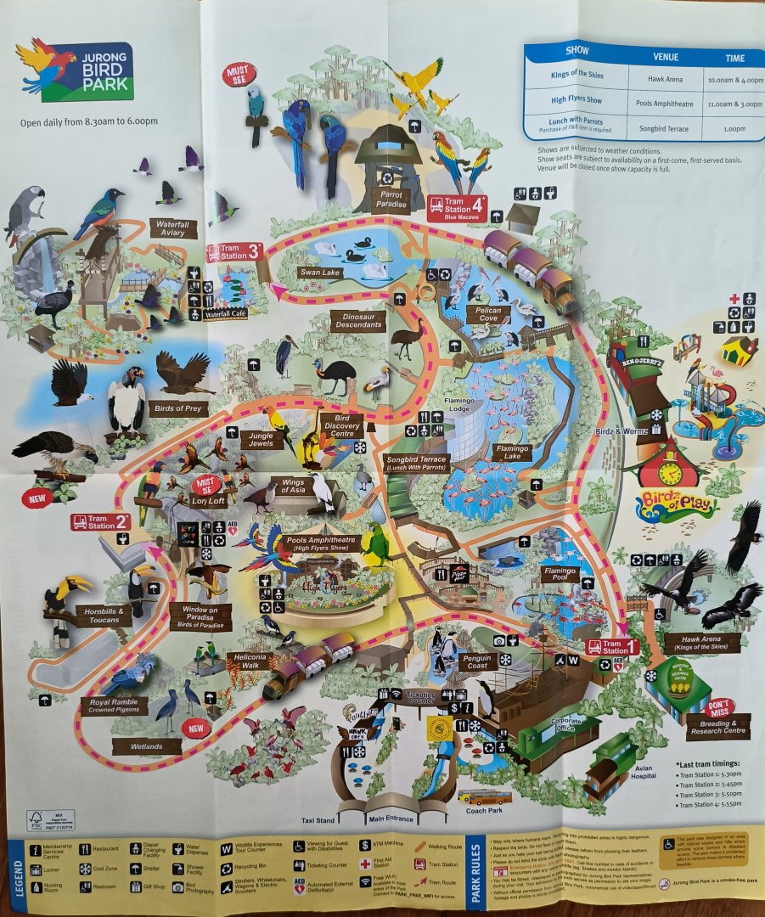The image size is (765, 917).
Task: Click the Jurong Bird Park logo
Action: point(75,70)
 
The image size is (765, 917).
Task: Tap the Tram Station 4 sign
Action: point(456,207)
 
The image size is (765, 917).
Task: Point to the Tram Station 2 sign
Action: point(100,521)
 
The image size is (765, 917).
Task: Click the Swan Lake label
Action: point(319,273)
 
